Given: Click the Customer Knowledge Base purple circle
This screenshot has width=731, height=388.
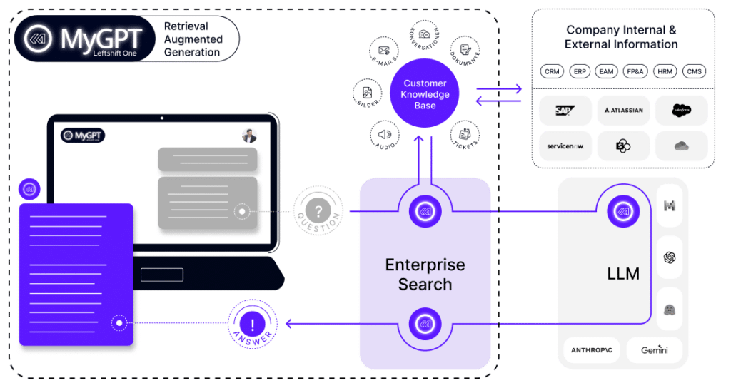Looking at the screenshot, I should [425, 94].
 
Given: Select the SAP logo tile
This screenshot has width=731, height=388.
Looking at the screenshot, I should [565, 110].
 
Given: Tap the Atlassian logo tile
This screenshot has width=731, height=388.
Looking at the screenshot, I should [623, 110].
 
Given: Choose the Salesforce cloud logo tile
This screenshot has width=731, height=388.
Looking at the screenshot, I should [681, 110].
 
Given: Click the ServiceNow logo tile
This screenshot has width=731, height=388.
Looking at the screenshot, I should [565, 146].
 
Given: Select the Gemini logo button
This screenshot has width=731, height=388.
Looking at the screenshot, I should [653, 350].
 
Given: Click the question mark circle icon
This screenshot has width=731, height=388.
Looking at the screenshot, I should [318, 212].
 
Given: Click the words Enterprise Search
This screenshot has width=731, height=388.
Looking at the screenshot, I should [425, 275].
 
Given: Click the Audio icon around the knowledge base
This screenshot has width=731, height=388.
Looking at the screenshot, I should [385, 133].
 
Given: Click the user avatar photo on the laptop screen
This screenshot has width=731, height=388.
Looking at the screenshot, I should [248, 136].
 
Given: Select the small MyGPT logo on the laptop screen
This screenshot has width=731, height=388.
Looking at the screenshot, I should [83, 135].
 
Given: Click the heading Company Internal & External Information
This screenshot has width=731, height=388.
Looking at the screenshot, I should [622, 36].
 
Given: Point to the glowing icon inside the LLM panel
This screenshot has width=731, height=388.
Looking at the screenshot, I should [622, 212].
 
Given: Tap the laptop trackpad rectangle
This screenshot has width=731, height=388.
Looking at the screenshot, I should [161, 275].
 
